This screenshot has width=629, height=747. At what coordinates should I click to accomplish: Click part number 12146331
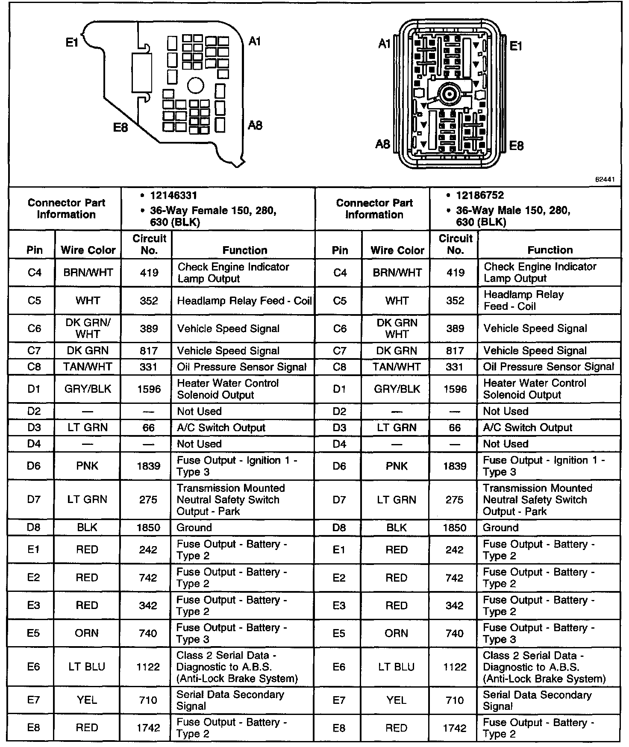coord(173,196)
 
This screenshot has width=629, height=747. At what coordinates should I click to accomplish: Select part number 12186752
coord(480,195)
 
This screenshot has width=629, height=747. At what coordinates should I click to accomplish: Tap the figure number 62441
coord(605,180)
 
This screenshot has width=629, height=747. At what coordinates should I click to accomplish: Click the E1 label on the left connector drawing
coord(72,42)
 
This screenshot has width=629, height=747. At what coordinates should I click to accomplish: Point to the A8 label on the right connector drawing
coord(382,144)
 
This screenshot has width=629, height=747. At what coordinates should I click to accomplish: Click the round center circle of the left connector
coord(196,85)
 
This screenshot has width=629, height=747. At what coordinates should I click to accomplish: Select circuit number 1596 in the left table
coord(149,389)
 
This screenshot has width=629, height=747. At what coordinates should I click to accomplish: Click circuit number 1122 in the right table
coord(455,667)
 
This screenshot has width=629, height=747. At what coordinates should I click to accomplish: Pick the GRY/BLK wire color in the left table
coord(88,389)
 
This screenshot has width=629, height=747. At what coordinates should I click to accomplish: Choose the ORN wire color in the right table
coord(396,633)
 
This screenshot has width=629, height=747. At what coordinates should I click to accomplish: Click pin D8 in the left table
coord(34,527)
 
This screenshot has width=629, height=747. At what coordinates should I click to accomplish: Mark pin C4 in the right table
coord(340,273)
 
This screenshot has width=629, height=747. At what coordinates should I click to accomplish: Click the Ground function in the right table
coord(500,527)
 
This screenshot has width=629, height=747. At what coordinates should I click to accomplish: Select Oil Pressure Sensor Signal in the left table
coord(241,367)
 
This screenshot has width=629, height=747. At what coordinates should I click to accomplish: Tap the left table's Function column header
coord(244,250)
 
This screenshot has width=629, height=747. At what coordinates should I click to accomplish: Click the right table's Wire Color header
coord(397,250)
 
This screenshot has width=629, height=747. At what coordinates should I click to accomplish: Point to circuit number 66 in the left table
coord(149,428)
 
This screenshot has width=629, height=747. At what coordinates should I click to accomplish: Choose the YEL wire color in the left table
coord(87,700)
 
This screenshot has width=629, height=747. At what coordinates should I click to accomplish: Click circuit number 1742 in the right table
coord(455,728)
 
